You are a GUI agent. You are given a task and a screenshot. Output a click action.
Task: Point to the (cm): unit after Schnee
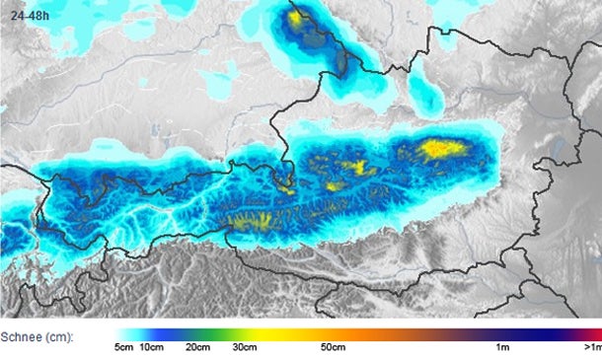click(58, 336)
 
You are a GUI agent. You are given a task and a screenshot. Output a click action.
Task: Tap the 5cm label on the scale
click(123, 348)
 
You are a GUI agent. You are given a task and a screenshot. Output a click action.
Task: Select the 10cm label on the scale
click(151, 348)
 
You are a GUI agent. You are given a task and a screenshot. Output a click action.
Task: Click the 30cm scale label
click(244, 348)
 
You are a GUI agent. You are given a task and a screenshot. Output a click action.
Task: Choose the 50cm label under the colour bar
click(333, 348)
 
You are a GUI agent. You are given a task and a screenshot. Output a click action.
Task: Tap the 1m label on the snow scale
click(502, 348)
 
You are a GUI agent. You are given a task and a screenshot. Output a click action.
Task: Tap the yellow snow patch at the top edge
click(296, 17)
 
